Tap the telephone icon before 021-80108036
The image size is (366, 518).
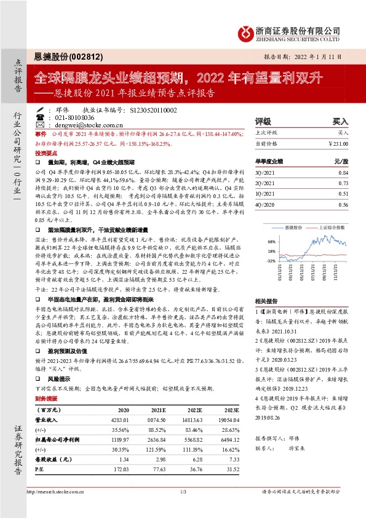pyautogui.click(x=40, y=117)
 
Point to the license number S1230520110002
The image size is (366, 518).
pyautogui.click(x=153, y=110)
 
